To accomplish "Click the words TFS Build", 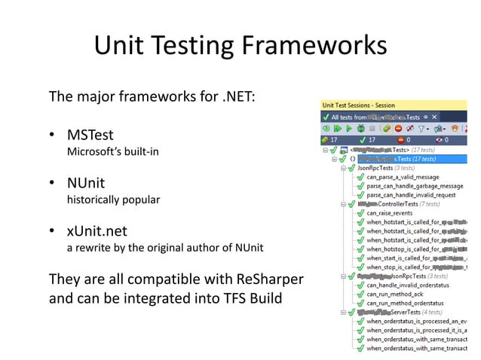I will pyautogui.click(x=245, y=298).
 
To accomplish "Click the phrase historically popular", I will pyautogui.click(x=113, y=200).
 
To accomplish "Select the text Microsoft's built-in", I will pyautogui.click(x=113, y=152).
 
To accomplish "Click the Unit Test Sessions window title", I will pyautogui.click(x=358, y=105).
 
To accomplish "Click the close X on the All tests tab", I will pyautogui.click(x=434, y=117).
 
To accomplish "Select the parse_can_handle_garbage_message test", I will pyautogui.click(x=415, y=186).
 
